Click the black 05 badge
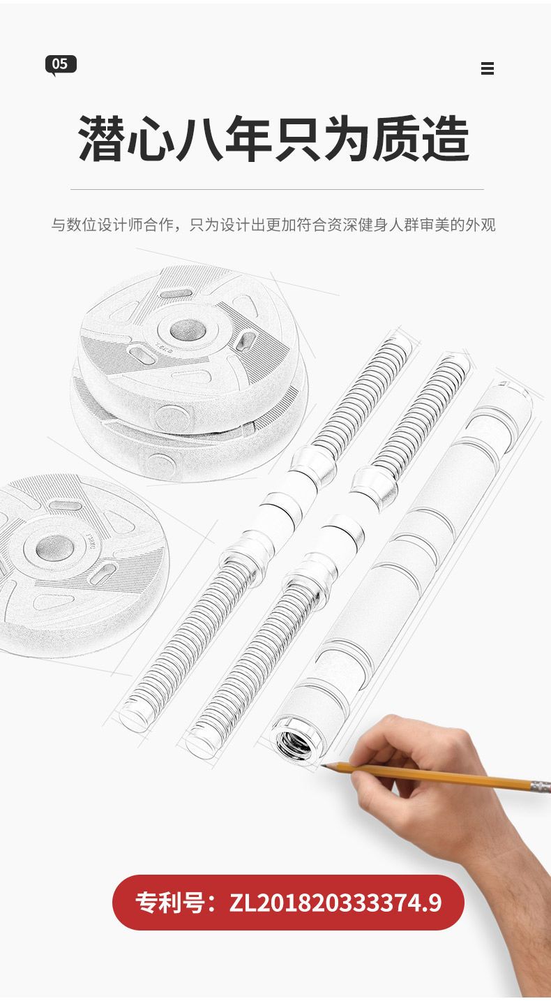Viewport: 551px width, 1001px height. pyautogui.click(x=61, y=65)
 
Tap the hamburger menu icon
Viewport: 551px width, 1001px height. pyautogui.click(x=487, y=68)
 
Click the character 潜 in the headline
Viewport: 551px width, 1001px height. pyautogui.click(x=101, y=138)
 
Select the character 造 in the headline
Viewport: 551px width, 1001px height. pyautogui.click(x=446, y=138)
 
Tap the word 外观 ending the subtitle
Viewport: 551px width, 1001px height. pyautogui.click(x=481, y=225)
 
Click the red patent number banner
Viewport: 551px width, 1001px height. pyautogui.click(x=288, y=903)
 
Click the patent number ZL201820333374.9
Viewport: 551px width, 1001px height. pyautogui.click(x=335, y=903)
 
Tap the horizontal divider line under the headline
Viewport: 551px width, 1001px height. pyautogui.click(x=277, y=189)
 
